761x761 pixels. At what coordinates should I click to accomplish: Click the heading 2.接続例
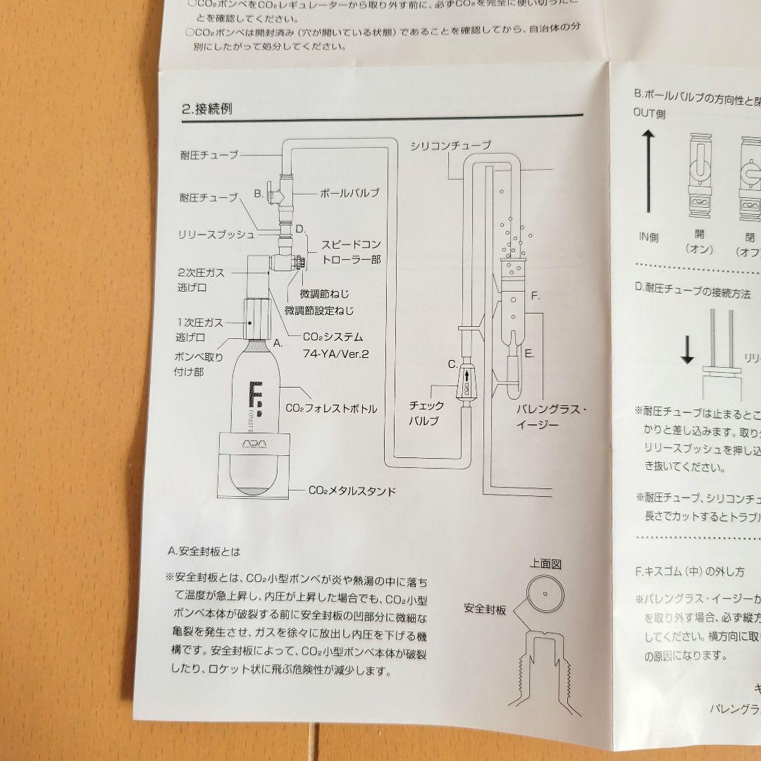point(207,109)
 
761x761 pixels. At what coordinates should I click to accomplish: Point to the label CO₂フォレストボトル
point(330,408)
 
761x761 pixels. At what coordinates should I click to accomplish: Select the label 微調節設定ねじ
point(319,310)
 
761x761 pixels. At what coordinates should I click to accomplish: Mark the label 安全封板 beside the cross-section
point(485,608)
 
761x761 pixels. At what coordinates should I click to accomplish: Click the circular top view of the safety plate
point(544,593)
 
